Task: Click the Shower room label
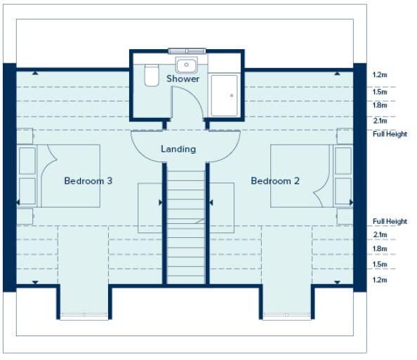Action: pos(183,79)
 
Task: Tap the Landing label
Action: pos(178,149)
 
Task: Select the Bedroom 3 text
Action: pos(88,181)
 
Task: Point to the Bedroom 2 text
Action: pos(275,181)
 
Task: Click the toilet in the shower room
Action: pos(152,75)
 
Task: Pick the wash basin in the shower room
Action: pos(187,65)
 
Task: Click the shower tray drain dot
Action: pos(232,95)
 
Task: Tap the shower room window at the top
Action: pos(187,51)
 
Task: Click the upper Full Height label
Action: pos(390,134)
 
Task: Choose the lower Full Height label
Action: pos(390,221)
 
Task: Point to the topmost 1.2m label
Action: pos(380,75)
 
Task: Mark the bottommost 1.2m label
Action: pos(380,280)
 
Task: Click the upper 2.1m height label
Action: pos(380,121)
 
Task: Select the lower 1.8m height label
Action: pos(380,249)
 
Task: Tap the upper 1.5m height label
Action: pos(380,92)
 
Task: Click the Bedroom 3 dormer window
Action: pos(84,315)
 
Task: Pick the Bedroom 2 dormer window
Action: pos(286,315)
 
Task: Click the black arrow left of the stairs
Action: pos(160,203)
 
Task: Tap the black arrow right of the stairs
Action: pos(211,203)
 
